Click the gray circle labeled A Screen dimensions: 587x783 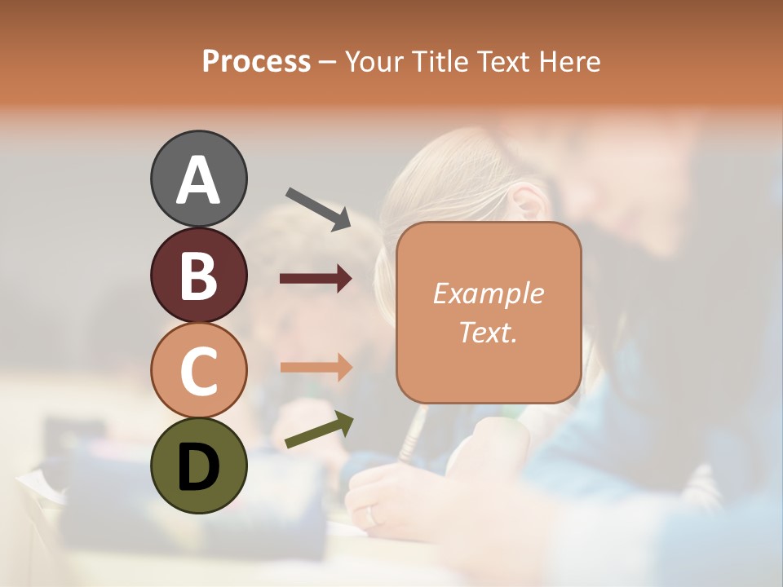(x=198, y=179)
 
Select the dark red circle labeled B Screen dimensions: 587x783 (x=198, y=275)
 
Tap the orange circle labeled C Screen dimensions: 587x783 (x=198, y=370)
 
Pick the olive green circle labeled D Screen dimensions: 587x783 (x=198, y=466)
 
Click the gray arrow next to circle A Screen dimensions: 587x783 (x=319, y=208)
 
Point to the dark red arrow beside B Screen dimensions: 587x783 (x=316, y=279)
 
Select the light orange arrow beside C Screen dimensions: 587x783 (x=316, y=367)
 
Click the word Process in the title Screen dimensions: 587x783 (x=256, y=61)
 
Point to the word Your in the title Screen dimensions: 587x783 (x=373, y=61)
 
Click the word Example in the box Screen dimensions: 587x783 (x=488, y=293)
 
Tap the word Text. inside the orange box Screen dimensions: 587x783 (x=488, y=332)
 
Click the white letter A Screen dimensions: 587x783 (x=198, y=180)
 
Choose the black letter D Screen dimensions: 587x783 (x=198, y=466)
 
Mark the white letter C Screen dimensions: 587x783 (x=198, y=371)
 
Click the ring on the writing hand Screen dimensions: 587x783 (x=372, y=515)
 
